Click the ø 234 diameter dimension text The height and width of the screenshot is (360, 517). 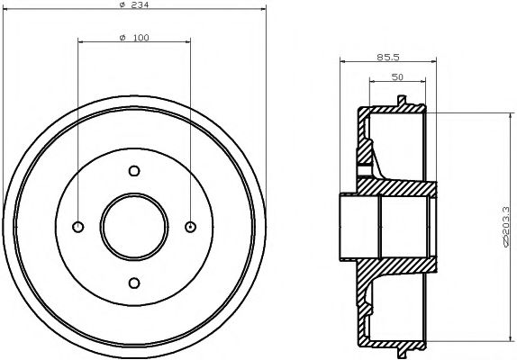tap(134, 7)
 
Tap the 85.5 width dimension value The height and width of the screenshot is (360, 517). tap(389, 57)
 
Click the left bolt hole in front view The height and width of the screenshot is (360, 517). tap(78, 226)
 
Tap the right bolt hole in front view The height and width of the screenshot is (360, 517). tap(190, 226)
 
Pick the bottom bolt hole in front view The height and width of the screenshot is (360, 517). tap(134, 283)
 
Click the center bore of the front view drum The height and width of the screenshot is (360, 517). tap(134, 226)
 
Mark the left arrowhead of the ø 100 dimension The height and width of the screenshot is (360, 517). tap(82, 41)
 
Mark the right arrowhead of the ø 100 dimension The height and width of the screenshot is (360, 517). tap(186, 41)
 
